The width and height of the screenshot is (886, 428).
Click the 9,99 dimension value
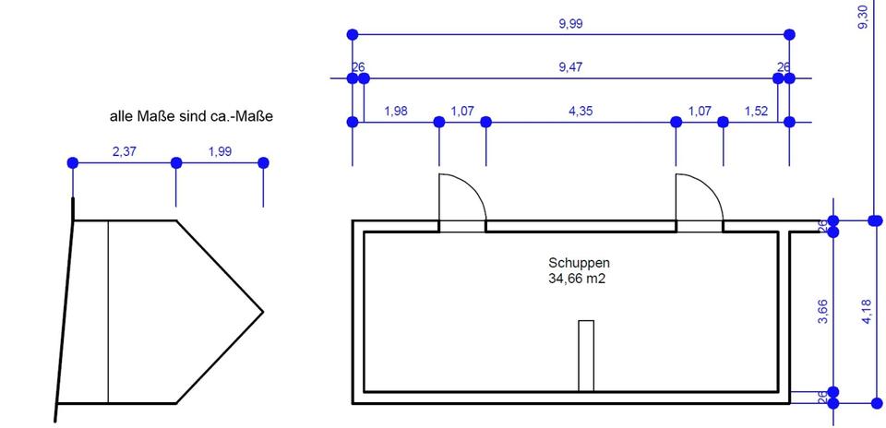pyautogui.click(x=570, y=24)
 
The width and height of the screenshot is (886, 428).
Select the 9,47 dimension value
pyautogui.click(x=570, y=67)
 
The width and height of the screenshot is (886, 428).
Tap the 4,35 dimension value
pyautogui.click(x=581, y=111)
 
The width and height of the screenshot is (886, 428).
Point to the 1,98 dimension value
pyautogui.click(x=395, y=111)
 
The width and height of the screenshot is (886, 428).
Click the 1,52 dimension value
pyautogui.click(x=756, y=111)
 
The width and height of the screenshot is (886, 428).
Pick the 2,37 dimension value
pyautogui.click(x=125, y=152)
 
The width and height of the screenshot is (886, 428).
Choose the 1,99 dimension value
pyautogui.click(x=220, y=152)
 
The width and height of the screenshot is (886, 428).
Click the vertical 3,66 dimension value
pyautogui.click(x=823, y=312)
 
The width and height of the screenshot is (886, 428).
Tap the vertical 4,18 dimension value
pyautogui.click(x=867, y=312)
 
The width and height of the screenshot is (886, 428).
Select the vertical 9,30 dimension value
pyautogui.click(x=863, y=18)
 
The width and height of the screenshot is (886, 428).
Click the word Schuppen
pyautogui.click(x=579, y=263)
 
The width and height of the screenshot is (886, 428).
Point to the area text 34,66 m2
pyautogui.click(x=579, y=278)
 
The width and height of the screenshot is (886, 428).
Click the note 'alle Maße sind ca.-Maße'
pyautogui.click(x=191, y=117)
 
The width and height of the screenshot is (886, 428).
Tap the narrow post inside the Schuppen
pyautogui.click(x=586, y=356)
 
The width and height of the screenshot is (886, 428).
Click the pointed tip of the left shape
pyautogui.click(x=262, y=312)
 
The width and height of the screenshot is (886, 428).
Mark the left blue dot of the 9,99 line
pyautogui.click(x=353, y=34)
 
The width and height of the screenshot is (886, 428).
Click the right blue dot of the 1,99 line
pyautogui.click(x=263, y=163)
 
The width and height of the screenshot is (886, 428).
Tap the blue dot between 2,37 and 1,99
pyautogui.click(x=176, y=163)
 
